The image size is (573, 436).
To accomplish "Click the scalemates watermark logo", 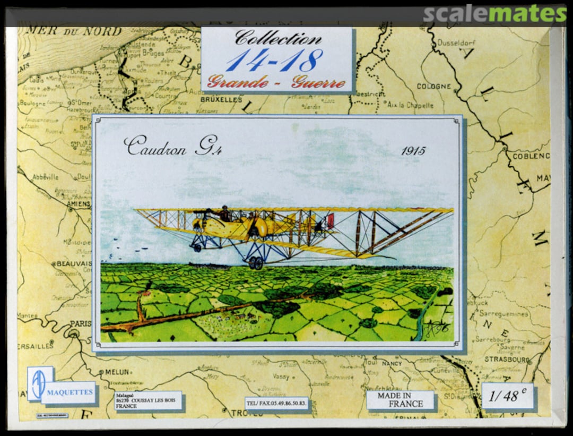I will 494,14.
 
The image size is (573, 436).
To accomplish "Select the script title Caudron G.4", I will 173,147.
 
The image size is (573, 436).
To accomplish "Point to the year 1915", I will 413,151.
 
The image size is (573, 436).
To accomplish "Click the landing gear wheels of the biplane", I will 255,262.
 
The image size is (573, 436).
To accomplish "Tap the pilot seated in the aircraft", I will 224,213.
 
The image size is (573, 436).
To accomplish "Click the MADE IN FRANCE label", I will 401,399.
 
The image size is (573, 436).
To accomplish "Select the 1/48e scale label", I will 508,396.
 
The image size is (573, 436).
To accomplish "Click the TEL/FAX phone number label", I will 276,403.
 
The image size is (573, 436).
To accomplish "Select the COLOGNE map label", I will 434,86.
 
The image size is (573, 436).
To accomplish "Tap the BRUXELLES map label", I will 221,99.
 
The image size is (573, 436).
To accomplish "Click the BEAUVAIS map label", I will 73,263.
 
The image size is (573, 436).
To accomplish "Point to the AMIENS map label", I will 78,203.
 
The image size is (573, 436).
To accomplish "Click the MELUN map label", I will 117,372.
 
